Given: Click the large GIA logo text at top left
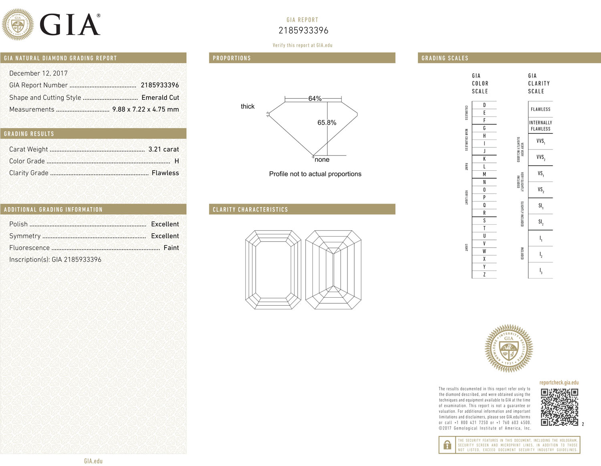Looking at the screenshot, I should [70, 25].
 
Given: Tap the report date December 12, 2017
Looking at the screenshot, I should [38, 73].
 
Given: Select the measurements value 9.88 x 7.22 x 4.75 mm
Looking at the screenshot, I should [145, 109].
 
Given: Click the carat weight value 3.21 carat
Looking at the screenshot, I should [163, 149].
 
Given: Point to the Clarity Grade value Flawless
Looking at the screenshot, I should [165, 173].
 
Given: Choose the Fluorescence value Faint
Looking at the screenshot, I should [171, 248].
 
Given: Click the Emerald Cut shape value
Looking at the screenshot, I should [160, 97].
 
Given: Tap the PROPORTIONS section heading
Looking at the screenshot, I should [232, 58].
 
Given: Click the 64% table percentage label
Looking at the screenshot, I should [315, 98].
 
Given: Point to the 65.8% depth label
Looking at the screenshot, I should [327, 123].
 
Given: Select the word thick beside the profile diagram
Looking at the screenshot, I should [248, 106].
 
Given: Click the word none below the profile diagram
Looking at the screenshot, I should [322, 159].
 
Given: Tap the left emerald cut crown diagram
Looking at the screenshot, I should [273, 270].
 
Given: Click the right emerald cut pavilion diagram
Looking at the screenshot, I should [333, 270].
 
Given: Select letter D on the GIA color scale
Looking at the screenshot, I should [484, 105].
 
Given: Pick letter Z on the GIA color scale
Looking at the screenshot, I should [484, 274].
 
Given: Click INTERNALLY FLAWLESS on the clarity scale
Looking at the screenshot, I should [540, 126].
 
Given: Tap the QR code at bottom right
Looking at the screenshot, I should [559, 407].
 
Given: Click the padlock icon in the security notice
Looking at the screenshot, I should [447, 445].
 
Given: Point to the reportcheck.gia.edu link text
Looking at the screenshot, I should [559, 383].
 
